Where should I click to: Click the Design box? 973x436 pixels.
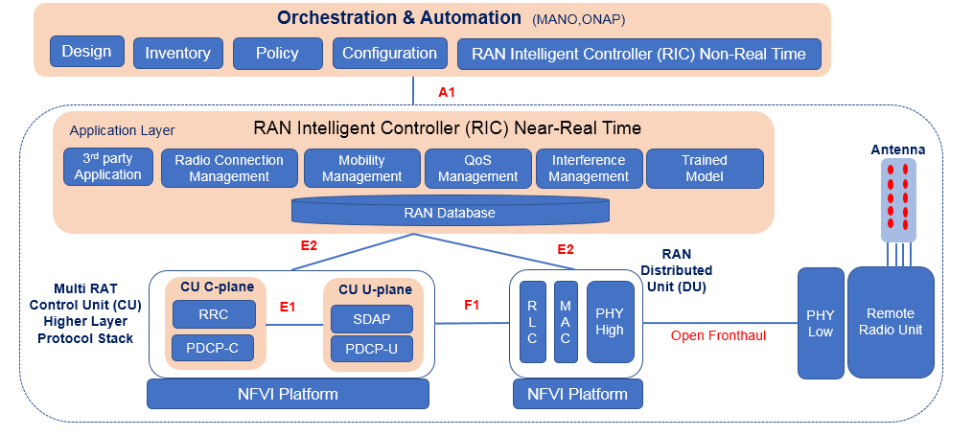[x=86, y=52]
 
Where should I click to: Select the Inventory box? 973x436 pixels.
[x=177, y=53]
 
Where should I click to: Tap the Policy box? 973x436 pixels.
[x=277, y=53]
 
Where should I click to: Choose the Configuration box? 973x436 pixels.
[x=389, y=53]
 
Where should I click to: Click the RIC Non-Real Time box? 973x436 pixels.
[x=638, y=54]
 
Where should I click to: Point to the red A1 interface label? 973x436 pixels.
[x=446, y=92]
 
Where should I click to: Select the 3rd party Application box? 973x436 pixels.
[x=108, y=167]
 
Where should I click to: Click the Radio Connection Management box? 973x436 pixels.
[x=229, y=168]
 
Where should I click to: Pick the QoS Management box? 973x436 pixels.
[x=476, y=168]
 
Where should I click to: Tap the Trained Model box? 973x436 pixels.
[x=705, y=168]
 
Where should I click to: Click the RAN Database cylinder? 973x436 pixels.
[x=450, y=211]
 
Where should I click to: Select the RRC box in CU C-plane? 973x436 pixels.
[x=214, y=314]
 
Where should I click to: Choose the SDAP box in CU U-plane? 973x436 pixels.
[x=371, y=318]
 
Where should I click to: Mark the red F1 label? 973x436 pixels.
[x=472, y=305]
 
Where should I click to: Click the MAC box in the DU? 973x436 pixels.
[x=566, y=322]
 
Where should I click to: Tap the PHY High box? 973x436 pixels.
[x=610, y=322]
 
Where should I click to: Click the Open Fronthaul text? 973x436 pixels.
[x=718, y=335]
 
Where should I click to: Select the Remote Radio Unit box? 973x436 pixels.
[x=891, y=322]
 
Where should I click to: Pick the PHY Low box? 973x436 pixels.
[x=821, y=322]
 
